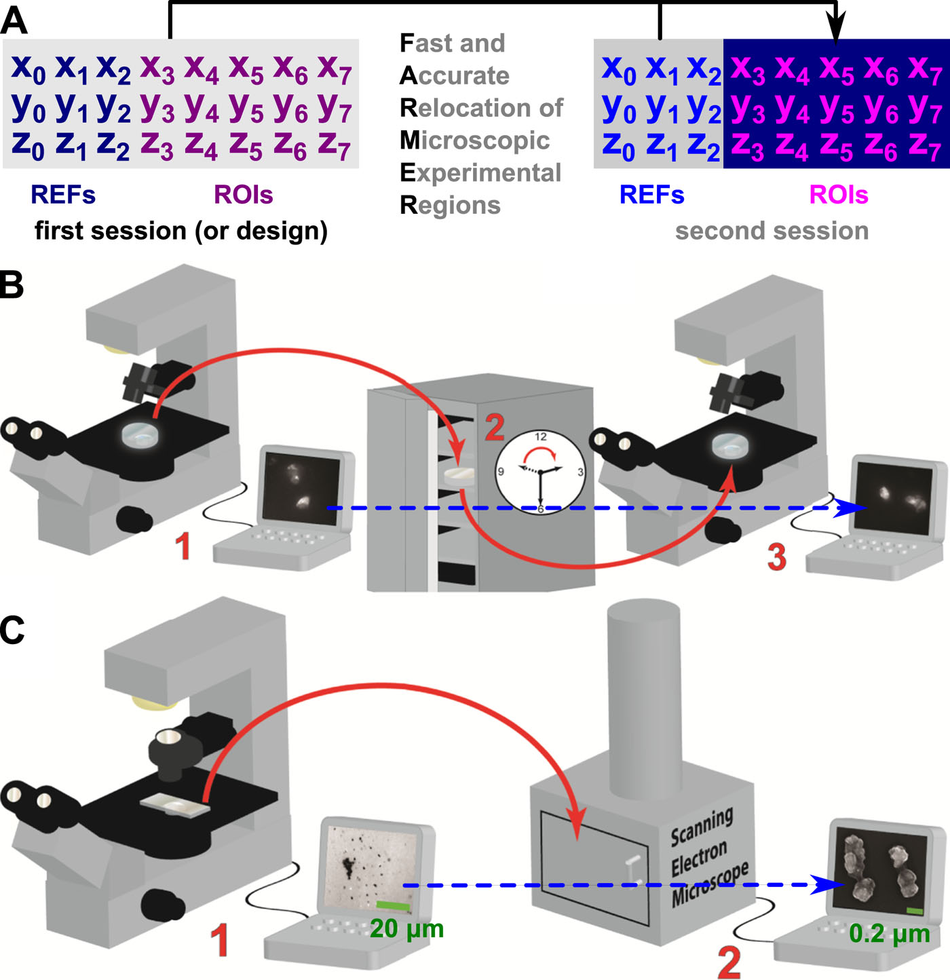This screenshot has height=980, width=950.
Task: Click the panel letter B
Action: point(12,285)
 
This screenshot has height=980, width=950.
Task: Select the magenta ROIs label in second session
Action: point(839,195)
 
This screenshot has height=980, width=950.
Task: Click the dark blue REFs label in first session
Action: point(62,195)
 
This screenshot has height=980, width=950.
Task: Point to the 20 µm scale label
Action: point(406,929)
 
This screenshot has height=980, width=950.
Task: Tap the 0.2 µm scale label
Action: point(889,934)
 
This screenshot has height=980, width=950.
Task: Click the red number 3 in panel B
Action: point(776,557)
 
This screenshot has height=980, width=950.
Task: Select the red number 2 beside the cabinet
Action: point(495,428)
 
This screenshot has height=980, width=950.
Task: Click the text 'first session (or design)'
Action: point(180,231)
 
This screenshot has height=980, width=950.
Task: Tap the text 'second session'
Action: point(772,231)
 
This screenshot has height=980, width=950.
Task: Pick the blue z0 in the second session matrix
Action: point(618,146)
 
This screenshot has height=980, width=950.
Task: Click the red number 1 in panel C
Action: point(218,941)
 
